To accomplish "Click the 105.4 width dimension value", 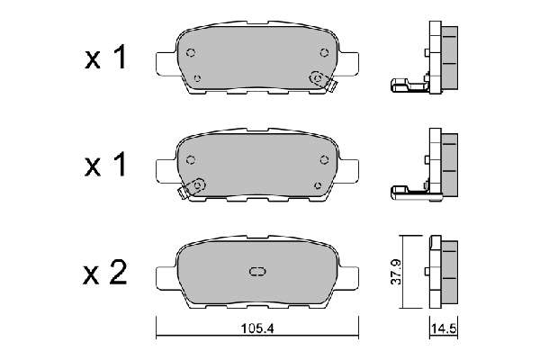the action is click(257, 328).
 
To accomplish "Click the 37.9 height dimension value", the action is click(396, 272).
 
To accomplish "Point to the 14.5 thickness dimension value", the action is click(444, 328).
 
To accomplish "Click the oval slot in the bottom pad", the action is click(256, 272).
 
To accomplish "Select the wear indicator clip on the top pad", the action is click(324, 82).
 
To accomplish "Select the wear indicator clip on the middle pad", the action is click(192, 189).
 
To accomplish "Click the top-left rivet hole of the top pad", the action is click(191, 52).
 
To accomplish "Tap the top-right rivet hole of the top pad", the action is click(324, 52).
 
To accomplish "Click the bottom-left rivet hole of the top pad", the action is click(197, 78).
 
